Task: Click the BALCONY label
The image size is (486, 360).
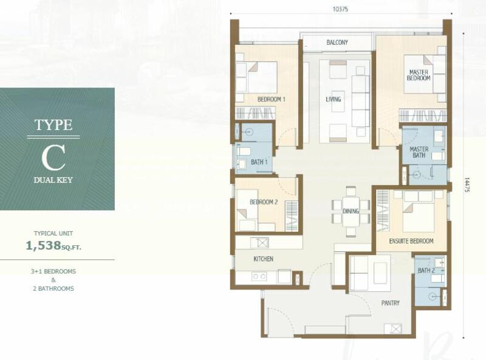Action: tap(337, 42)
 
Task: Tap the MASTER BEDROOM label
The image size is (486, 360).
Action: tap(419, 75)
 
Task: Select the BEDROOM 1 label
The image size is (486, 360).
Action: tap(271, 100)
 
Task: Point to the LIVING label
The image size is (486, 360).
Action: tap(333, 100)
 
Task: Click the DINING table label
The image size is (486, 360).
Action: tap(351, 211)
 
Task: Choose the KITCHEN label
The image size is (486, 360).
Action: tap(264, 259)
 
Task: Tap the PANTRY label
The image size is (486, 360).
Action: tap(390, 303)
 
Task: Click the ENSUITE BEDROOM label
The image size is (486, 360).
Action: tap(411, 241)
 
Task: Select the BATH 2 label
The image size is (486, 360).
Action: tap(426, 271)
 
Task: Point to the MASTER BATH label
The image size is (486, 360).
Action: tap(419, 152)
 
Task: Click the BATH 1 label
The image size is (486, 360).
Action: tap(259, 162)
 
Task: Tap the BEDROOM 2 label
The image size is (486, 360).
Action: tap(264, 202)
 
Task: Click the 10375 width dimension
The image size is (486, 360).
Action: tap(340, 9)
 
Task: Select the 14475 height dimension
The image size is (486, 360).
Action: tap(467, 185)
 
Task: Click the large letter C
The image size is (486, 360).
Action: tap(53, 158)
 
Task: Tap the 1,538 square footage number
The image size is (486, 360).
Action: tap(43, 246)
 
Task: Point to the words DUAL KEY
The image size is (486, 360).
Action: tap(53, 180)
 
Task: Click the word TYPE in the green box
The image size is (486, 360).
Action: tap(53, 125)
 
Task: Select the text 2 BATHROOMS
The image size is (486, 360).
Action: tap(53, 289)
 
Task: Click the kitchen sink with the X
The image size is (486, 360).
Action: tap(259, 243)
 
